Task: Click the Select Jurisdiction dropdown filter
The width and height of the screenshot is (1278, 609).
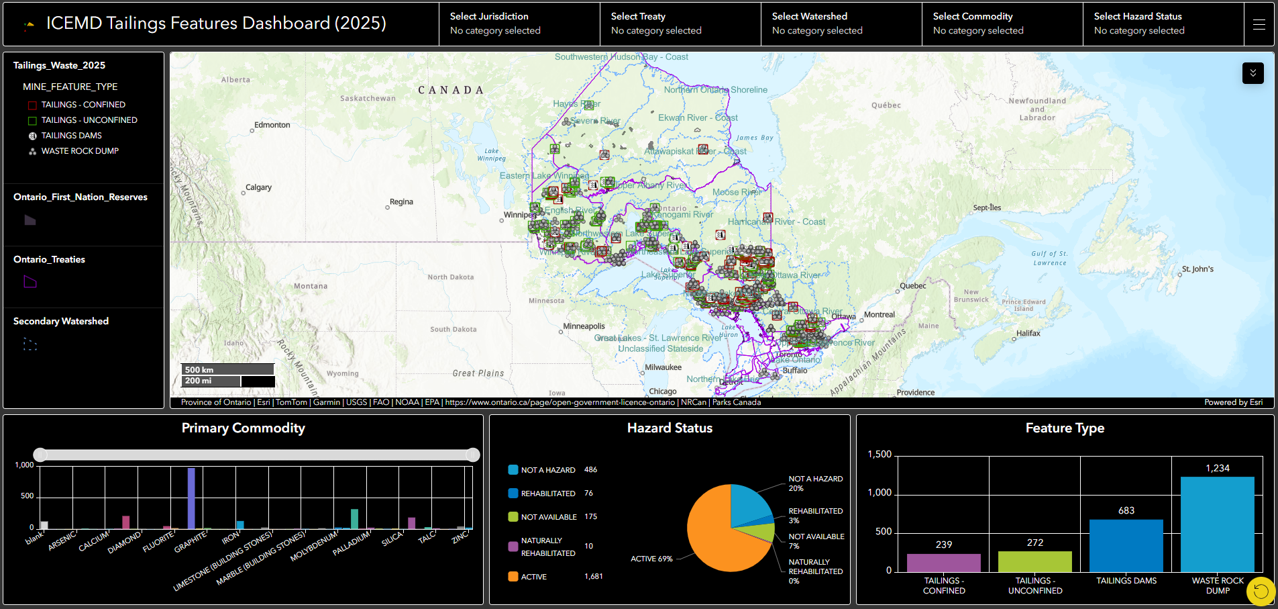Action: point(519,24)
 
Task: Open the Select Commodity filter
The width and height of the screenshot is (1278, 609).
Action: point(1002,24)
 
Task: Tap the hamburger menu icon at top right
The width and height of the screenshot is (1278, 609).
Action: point(1259,24)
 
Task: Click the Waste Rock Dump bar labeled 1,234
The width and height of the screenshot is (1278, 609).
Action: point(1217,524)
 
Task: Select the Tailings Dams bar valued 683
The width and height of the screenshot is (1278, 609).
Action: point(1126,545)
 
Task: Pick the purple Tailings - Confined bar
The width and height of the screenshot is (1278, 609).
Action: point(943,563)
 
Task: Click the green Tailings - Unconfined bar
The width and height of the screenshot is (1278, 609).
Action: point(1034,561)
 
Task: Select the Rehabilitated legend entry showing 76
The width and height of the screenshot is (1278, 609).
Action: point(551,494)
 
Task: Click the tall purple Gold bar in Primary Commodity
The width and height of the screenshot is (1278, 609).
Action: point(191,498)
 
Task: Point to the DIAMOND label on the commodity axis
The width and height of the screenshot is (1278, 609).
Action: point(125,542)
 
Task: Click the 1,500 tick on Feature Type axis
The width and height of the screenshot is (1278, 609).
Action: point(879,455)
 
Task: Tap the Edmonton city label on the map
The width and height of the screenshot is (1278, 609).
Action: point(272,125)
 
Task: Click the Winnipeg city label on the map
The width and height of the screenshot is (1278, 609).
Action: point(519,216)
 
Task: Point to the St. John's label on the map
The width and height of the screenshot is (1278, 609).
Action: point(1197,269)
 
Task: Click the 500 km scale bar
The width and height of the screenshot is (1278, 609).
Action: point(227,369)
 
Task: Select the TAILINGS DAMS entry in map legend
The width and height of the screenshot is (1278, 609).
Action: point(71,136)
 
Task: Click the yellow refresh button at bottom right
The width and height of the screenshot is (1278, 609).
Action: point(1261,591)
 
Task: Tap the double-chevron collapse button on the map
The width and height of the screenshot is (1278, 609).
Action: point(1253,73)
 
